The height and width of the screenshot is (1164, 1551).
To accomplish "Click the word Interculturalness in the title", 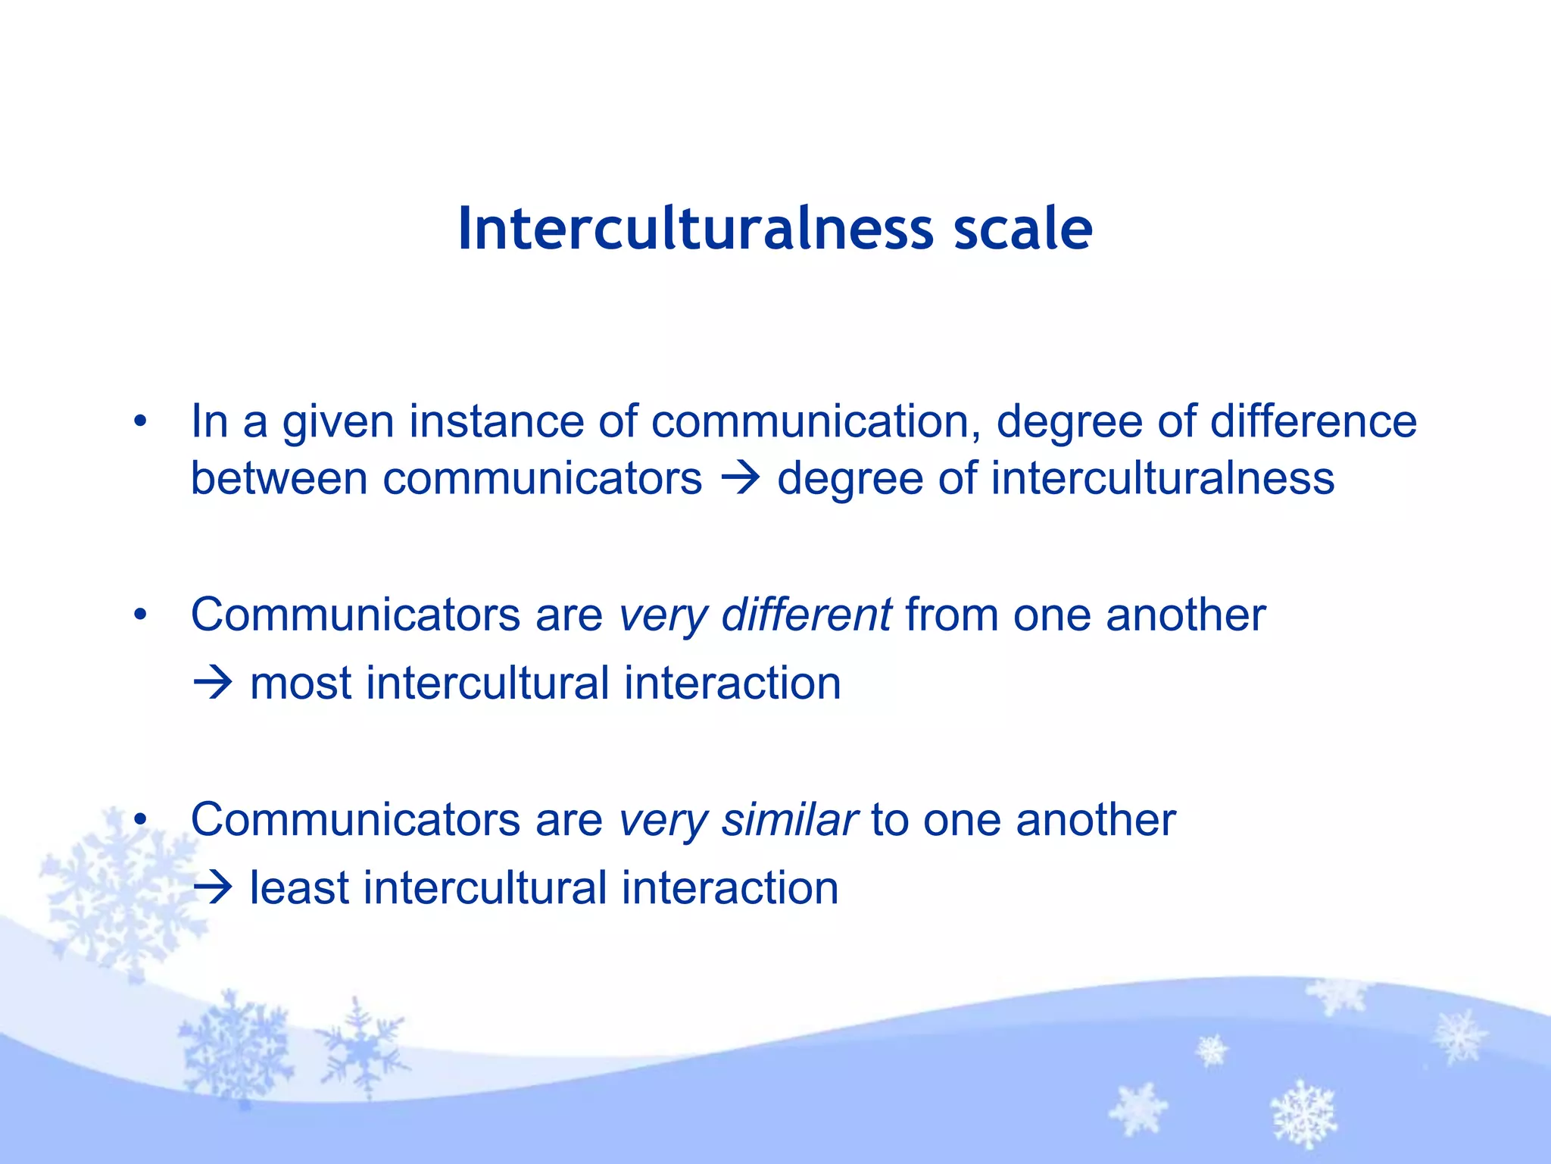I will point(695,229).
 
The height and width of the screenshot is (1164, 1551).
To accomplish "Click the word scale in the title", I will point(1022,229).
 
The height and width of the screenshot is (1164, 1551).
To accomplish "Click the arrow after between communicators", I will point(740,479).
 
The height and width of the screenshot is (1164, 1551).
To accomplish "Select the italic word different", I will point(806,615).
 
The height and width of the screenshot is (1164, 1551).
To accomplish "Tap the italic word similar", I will point(789,820).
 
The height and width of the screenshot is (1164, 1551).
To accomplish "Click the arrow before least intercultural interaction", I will point(212,888).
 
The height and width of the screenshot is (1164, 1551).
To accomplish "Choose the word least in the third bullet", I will point(299,888).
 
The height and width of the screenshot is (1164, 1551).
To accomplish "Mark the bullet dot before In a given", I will point(139,422).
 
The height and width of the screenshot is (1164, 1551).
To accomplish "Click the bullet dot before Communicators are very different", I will point(139,615).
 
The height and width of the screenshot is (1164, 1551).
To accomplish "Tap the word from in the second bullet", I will point(951,615).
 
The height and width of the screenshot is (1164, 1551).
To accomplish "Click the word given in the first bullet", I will point(338,423).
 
